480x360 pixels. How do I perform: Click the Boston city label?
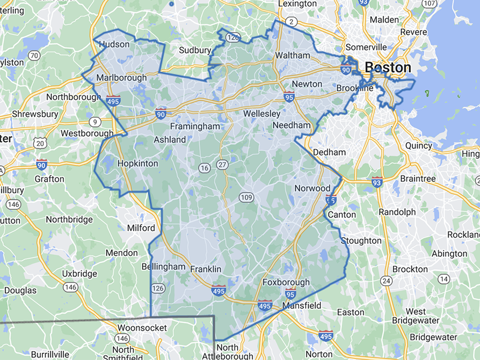pyautogui.click(x=387, y=67)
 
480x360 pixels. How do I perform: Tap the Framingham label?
pyautogui.click(x=194, y=126)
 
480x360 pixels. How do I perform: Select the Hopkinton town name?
pyautogui.click(x=138, y=163)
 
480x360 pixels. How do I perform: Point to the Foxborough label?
pyautogui.click(x=286, y=282)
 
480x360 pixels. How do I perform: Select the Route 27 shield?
pyautogui.click(x=222, y=165)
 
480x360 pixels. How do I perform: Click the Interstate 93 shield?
pyautogui.click(x=377, y=182)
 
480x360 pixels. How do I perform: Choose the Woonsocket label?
pyautogui.click(x=142, y=328)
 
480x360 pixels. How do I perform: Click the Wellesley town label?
pyautogui.click(x=262, y=114)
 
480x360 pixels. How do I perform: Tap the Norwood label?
pyautogui.click(x=312, y=188)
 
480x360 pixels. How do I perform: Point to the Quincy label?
pyautogui.click(x=419, y=145)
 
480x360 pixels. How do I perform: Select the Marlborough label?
pyautogui.click(x=121, y=78)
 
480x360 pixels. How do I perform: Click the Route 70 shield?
pyautogui.click(x=34, y=56)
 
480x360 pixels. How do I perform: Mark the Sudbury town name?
pyautogui.click(x=195, y=50)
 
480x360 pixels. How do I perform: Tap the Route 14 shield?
pyautogui.click(x=444, y=279)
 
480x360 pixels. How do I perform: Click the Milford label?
pyautogui.click(x=141, y=228)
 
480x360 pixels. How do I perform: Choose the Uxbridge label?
pyautogui.click(x=80, y=274)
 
